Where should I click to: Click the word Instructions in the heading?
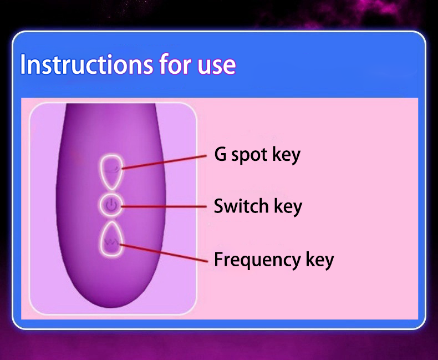pos(86,64)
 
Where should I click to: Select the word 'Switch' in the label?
pos(241,206)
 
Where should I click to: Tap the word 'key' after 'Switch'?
pos(288,207)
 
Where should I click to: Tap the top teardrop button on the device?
pos(111,171)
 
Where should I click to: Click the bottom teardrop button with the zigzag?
pos(111,239)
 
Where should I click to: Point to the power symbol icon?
pos(111,205)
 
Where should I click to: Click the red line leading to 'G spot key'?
pos(164,162)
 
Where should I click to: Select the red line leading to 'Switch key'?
pos(164,207)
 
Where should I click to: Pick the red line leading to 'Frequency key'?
pos(164,253)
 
